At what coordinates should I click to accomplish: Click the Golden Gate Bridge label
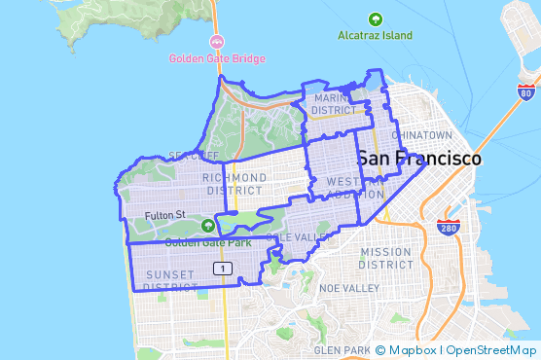point(216,57)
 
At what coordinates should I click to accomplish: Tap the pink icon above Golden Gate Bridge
point(216,41)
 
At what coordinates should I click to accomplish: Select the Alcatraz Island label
point(376,35)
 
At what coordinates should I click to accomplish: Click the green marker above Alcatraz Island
point(376,18)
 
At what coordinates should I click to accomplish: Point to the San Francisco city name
point(417,159)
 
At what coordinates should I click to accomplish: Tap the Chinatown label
point(421,134)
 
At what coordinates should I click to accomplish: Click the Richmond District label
point(234,183)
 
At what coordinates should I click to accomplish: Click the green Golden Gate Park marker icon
point(206,226)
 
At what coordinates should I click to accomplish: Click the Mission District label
point(386,258)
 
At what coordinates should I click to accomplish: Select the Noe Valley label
point(348,288)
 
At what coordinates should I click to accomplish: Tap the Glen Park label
point(342,349)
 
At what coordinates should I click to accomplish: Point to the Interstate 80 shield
point(525,93)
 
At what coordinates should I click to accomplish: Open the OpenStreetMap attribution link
point(492,349)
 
